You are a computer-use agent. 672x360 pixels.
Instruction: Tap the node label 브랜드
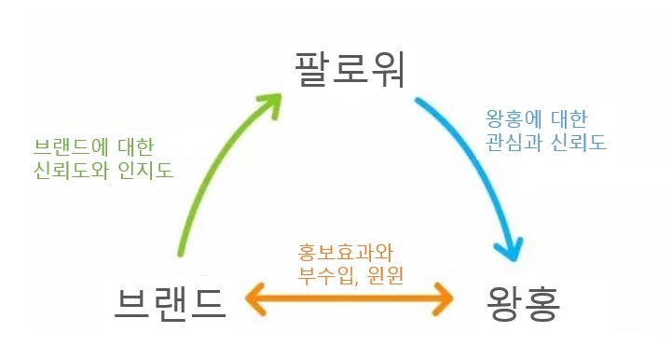pos(170,301)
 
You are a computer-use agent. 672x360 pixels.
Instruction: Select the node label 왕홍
pos(523,302)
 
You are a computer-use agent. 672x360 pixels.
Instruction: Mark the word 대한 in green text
pos(134,146)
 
